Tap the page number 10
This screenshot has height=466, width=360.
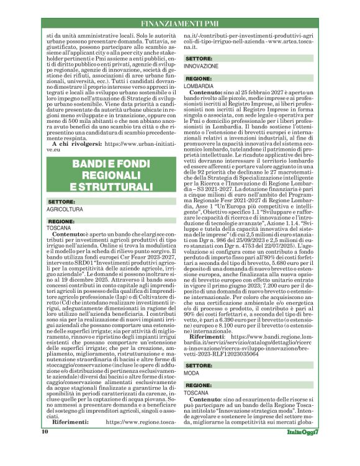tap(45, 448)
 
